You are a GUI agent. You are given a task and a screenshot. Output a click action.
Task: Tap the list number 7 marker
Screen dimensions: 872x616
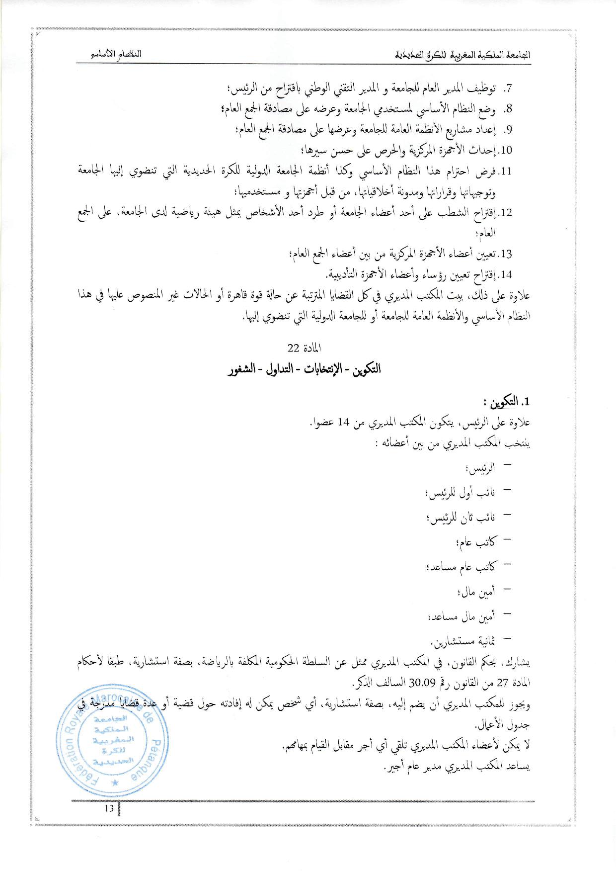coord(507,89)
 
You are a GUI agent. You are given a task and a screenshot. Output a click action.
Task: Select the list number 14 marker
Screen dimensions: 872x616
coord(505,274)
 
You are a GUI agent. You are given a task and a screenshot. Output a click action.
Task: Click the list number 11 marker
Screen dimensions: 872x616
coord(505,172)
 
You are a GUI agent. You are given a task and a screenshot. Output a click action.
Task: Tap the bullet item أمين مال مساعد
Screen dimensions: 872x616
coord(461,616)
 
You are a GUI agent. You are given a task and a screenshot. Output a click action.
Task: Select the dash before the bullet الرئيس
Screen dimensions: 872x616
coord(507,466)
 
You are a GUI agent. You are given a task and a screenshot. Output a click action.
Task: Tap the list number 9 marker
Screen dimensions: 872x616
coord(507,130)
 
